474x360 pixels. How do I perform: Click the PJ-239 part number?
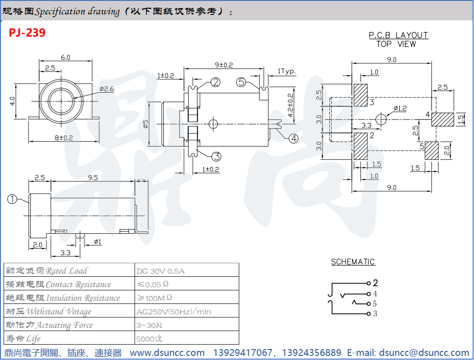pyautogui.click(x=27, y=33)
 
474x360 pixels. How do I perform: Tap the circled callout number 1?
pyautogui.click(x=12, y=199)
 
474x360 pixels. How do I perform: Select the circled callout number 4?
pyautogui.click(x=294, y=139)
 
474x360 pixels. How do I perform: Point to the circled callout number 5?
pyautogui.click(x=241, y=82)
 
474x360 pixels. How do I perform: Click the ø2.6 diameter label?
pyautogui.click(x=107, y=89)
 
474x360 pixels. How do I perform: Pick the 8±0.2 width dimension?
pyautogui.click(x=64, y=137)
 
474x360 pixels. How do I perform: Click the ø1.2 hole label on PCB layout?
pyautogui.click(x=400, y=108)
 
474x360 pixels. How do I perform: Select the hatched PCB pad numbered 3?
pyautogui.click(x=360, y=95)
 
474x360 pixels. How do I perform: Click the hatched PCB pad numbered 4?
pyautogui.click(x=442, y=119)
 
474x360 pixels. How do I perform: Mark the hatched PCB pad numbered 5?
pyautogui.click(x=431, y=151)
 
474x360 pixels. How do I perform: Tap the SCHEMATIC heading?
pyautogui.click(x=353, y=262)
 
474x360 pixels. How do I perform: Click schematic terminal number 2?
pyautogui.click(x=375, y=284)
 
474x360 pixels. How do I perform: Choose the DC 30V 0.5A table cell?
pyautogui.click(x=161, y=271)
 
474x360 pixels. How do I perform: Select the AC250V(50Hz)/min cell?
pyautogui.click(x=174, y=312)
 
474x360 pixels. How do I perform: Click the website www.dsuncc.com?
pyautogui.click(x=167, y=353)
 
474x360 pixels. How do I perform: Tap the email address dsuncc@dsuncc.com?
pyautogui.click(x=424, y=353)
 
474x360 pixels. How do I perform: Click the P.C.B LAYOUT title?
pyautogui.click(x=398, y=35)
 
